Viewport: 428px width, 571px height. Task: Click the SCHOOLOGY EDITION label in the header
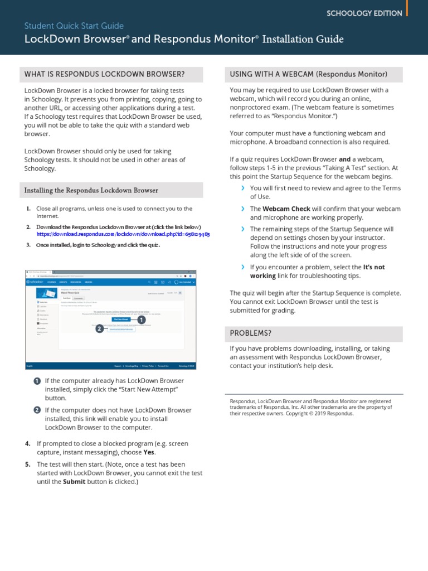tap(364, 13)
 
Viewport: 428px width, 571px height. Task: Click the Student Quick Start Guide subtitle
tap(74, 26)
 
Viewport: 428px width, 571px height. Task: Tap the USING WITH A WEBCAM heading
tap(308, 74)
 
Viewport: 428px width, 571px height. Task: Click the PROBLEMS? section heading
tap(251, 333)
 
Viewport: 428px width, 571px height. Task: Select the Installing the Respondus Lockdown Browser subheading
tap(91, 190)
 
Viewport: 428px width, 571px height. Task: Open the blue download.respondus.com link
tap(123, 235)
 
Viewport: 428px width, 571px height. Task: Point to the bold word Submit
tap(74, 482)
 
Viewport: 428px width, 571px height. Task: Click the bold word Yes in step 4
tap(149, 452)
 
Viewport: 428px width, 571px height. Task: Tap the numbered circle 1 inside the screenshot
tap(141, 320)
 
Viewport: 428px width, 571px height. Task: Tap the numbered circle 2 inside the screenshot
tap(99, 329)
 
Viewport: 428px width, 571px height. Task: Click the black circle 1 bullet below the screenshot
tap(37, 381)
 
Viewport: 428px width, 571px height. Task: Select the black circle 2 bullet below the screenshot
tap(37, 410)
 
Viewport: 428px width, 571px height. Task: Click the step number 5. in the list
tap(28, 464)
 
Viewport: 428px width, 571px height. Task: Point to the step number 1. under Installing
tap(28, 209)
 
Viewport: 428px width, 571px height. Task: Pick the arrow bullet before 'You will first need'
tap(243, 188)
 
